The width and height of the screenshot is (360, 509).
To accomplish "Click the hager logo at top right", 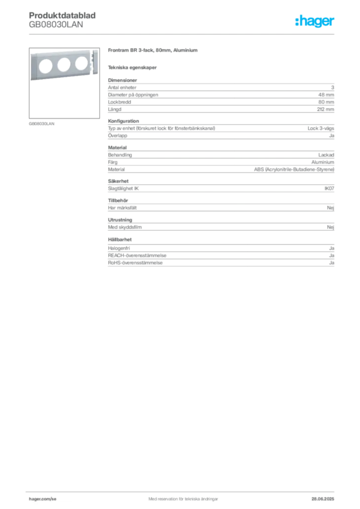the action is tap(314, 21).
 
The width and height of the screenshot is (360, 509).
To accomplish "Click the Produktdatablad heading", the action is tap(62, 15).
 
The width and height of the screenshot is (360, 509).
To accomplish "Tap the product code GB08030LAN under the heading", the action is tap(56, 25).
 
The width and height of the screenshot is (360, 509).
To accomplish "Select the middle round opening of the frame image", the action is tap(64, 65).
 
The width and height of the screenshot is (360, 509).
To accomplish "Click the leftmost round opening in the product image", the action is tap(45, 66).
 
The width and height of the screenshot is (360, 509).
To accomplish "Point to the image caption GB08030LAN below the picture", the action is tap(42, 124).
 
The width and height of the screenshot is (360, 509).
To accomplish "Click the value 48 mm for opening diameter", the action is tap(326, 95).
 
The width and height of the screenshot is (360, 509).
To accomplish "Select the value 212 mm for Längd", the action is tap(325, 109).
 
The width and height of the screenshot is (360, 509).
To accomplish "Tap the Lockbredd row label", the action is tap(119, 102).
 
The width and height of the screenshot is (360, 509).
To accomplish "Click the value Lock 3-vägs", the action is tap(321, 129).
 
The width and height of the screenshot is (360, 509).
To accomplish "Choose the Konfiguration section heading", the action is tap(123, 121).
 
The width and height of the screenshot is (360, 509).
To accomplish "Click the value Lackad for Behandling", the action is tap(326, 155).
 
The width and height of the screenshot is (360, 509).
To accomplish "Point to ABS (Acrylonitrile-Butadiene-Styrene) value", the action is tap(294, 170).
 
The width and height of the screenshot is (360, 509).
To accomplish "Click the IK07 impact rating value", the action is tap(329, 188).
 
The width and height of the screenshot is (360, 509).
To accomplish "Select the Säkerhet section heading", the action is tap(118, 181).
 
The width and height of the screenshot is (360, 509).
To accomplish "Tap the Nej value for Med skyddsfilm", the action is tap(331, 227).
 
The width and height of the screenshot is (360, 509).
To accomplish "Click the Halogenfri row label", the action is tap(119, 249).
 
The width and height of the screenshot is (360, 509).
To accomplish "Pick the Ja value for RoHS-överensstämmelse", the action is tap(332, 263).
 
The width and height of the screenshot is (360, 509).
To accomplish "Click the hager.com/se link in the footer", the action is tap(43, 499).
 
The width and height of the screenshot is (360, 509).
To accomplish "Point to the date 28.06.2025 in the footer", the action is tap(323, 499).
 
